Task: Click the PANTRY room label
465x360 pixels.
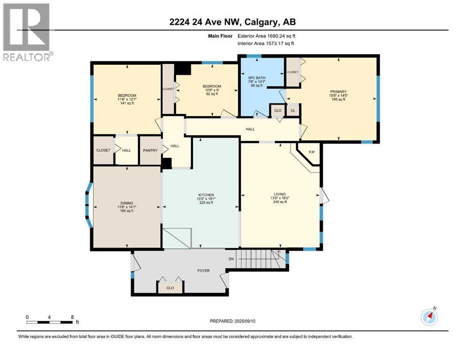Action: click(150, 150)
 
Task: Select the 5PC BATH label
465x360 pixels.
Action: click(257, 77)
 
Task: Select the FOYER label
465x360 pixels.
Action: click(203, 270)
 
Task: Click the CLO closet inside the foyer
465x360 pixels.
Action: click(170, 288)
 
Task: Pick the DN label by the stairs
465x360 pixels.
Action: click(231, 259)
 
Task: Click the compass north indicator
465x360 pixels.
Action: click(429, 317)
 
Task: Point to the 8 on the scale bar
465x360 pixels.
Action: click(72, 317)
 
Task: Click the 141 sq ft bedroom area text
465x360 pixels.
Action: click(126, 103)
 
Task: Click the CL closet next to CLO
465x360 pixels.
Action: click(293, 111)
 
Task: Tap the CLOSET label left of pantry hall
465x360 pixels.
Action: click(103, 150)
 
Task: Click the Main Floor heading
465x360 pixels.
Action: click(221, 36)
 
